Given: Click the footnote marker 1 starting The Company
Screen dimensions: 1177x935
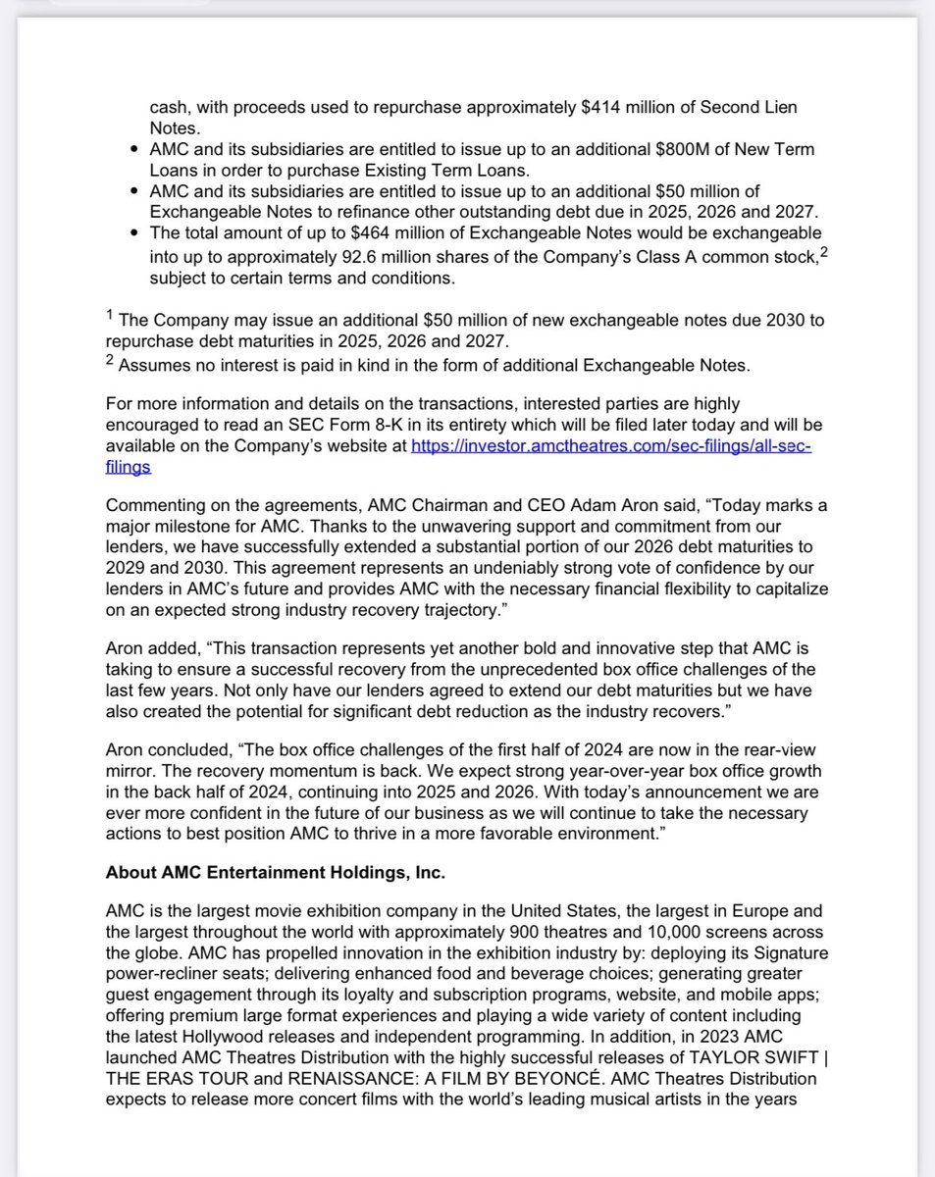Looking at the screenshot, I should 110,317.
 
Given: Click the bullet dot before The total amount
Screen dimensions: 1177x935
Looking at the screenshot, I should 134,233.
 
